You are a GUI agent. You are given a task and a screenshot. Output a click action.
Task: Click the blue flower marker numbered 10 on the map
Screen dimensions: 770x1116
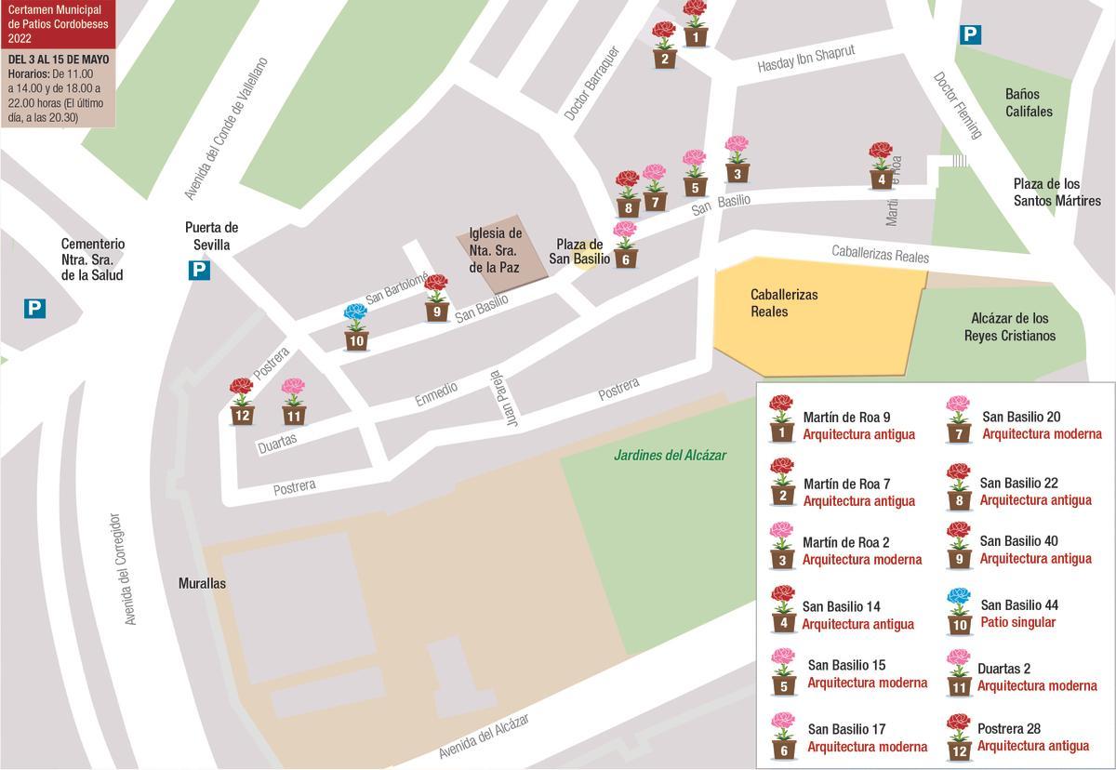pos(356,327)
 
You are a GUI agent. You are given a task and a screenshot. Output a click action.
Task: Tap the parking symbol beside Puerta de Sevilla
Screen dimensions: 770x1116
pos(199,271)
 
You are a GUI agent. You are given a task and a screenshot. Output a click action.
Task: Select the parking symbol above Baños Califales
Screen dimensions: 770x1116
pos(970,35)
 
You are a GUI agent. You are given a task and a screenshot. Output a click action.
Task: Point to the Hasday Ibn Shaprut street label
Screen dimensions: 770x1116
pos(805,60)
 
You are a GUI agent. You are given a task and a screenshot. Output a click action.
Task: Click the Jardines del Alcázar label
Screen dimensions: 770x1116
pos(670,456)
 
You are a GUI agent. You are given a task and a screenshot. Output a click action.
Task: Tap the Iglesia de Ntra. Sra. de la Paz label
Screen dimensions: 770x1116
pos(495,250)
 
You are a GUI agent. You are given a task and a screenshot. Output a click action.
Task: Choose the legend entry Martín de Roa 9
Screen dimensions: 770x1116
pos(846,418)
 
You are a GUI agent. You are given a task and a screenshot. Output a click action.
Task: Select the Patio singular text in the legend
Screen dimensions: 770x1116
pos(1017,622)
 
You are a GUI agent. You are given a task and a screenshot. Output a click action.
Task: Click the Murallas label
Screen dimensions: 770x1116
pos(202,583)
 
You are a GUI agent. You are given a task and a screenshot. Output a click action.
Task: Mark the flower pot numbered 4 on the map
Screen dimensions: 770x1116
pos(882,166)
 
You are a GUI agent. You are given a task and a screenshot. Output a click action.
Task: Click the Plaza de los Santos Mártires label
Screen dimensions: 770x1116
pos(1056,192)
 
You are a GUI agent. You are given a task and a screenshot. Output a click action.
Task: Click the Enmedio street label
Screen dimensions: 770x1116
pos(436,394)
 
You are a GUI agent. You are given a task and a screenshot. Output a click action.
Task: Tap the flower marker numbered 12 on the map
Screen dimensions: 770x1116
pos(242,402)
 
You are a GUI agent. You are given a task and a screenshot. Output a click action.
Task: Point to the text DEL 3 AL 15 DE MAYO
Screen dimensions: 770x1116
pos(58,60)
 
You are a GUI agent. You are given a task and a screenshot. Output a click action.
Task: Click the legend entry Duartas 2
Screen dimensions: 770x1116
pos(1003,669)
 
